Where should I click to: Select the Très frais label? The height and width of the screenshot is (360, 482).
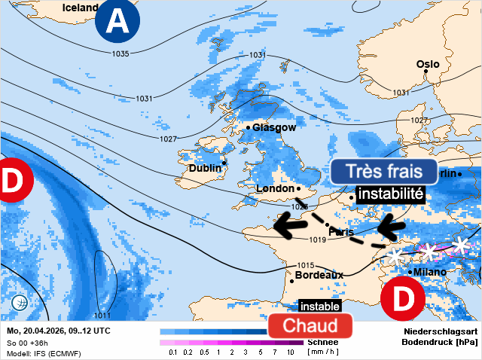(x=383, y=172)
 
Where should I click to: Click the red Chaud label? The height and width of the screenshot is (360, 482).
(x=310, y=325)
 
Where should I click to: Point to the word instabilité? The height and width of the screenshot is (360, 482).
(x=390, y=194)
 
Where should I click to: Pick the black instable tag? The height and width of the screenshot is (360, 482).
(x=319, y=307)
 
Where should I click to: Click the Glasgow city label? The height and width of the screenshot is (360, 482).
(x=274, y=127)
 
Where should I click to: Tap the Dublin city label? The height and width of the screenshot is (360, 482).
(x=204, y=168)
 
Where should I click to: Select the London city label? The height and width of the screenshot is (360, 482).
(x=275, y=188)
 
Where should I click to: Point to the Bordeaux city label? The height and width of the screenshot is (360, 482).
(x=319, y=275)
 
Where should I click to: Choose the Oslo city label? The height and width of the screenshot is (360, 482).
(x=433, y=64)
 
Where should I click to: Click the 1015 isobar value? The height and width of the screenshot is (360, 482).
(x=305, y=265)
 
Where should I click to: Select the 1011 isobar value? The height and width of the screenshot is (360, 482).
(x=102, y=315)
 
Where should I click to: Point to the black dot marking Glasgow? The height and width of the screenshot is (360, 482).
(x=248, y=128)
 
